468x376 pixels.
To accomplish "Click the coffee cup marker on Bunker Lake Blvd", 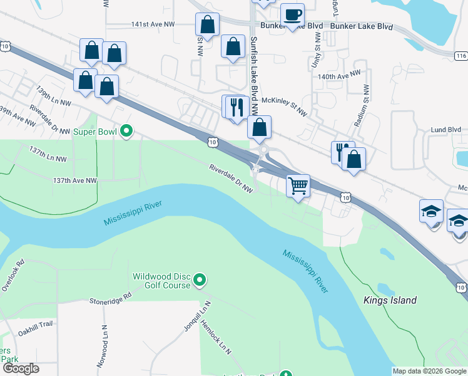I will tap(292, 14).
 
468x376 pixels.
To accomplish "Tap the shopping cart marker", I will tap(298, 185).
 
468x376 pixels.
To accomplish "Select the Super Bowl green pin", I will tap(126, 132).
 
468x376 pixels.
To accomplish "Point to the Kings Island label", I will tap(390, 300).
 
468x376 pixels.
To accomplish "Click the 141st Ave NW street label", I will tap(153, 24).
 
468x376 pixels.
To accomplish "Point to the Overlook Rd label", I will tap(13, 274).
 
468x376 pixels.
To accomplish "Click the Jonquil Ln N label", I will tap(200, 308).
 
